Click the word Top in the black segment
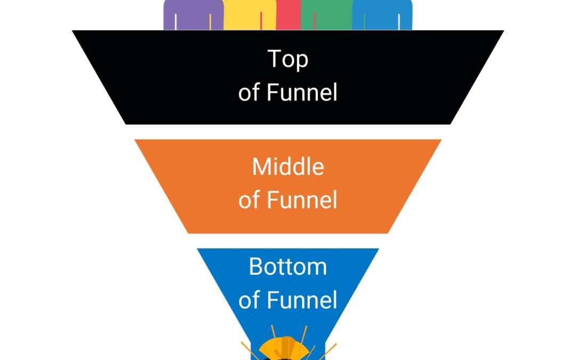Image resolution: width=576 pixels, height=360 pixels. [x=288, y=60]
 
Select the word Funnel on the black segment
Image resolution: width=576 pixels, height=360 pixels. [x=302, y=92]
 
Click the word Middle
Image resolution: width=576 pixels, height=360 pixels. [x=288, y=167]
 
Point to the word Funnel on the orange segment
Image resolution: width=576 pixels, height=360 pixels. [x=302, y=200]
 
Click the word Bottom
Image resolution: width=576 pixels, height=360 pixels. [x=288, y=267]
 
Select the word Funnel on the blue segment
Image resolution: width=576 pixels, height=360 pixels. [x=302, y=300]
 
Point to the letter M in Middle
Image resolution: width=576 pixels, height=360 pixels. [x=261, y=167]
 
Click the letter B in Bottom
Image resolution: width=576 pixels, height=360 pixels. [x=256, y=267]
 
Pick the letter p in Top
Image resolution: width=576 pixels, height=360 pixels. [x=302, y=62]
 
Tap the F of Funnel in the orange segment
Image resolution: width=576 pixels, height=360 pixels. [x=272, y=200]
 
